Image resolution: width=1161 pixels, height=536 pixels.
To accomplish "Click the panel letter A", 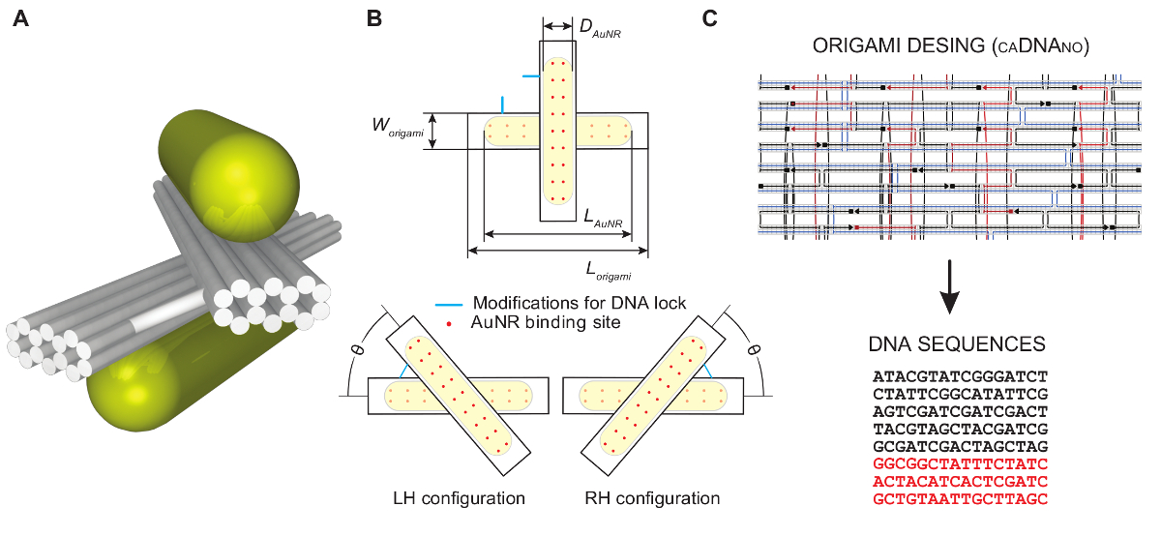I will [x=20, y=19].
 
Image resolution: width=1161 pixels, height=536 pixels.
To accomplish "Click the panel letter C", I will [x=709, y=19].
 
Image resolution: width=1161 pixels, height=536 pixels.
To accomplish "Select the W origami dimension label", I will [x=398, y=128].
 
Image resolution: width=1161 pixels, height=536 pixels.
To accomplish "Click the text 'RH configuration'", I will [x=653, y=499].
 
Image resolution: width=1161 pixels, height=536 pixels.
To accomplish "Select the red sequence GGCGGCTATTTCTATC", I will [x=960, y=463].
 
